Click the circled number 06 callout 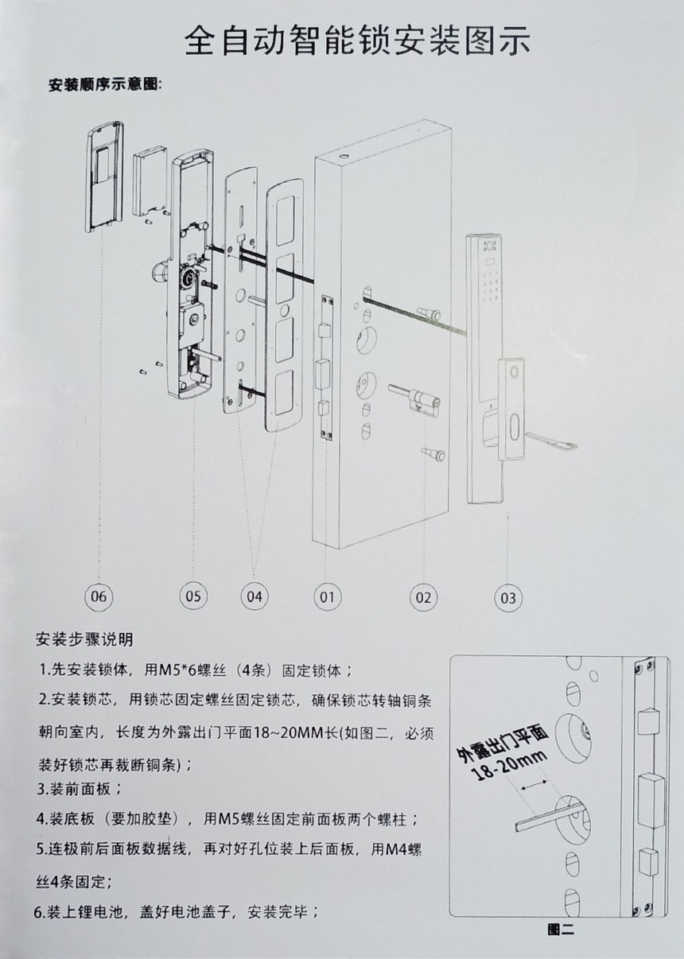coord(99,596)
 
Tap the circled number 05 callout coord(193,596)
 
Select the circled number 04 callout coord(255,596)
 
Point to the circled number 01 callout coord(327,597)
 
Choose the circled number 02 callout coord(424,597)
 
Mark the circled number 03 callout coord(508,598)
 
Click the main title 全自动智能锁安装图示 coord(358,41)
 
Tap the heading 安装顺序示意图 coord(104,85)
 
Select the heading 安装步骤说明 coord(84,639)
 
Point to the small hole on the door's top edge coord(344,155)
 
